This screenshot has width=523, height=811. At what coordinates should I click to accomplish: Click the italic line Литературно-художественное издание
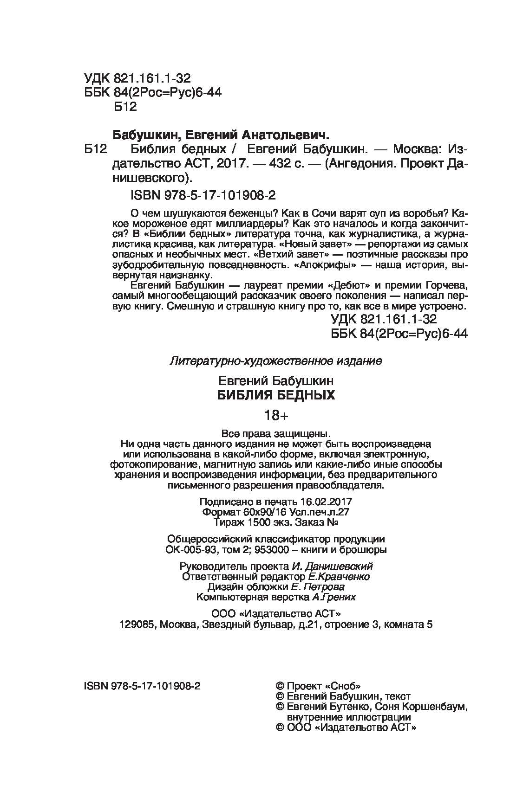pos(276,360)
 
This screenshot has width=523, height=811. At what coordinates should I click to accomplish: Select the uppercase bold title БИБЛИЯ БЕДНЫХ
pos(276,395)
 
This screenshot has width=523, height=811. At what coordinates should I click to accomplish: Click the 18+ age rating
pos(276,415)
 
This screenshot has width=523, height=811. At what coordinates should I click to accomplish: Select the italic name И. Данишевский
pos(333,566)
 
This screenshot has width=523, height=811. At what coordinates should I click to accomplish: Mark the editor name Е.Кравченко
pos(339,577)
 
